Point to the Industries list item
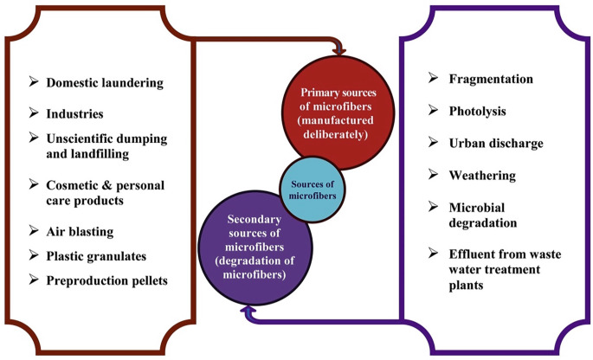[x=75, y=113]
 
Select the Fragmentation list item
[x=491, y=79]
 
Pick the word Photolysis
[x=477, y=111]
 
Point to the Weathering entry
[x=482, y=176]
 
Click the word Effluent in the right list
[x=475, y=254]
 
